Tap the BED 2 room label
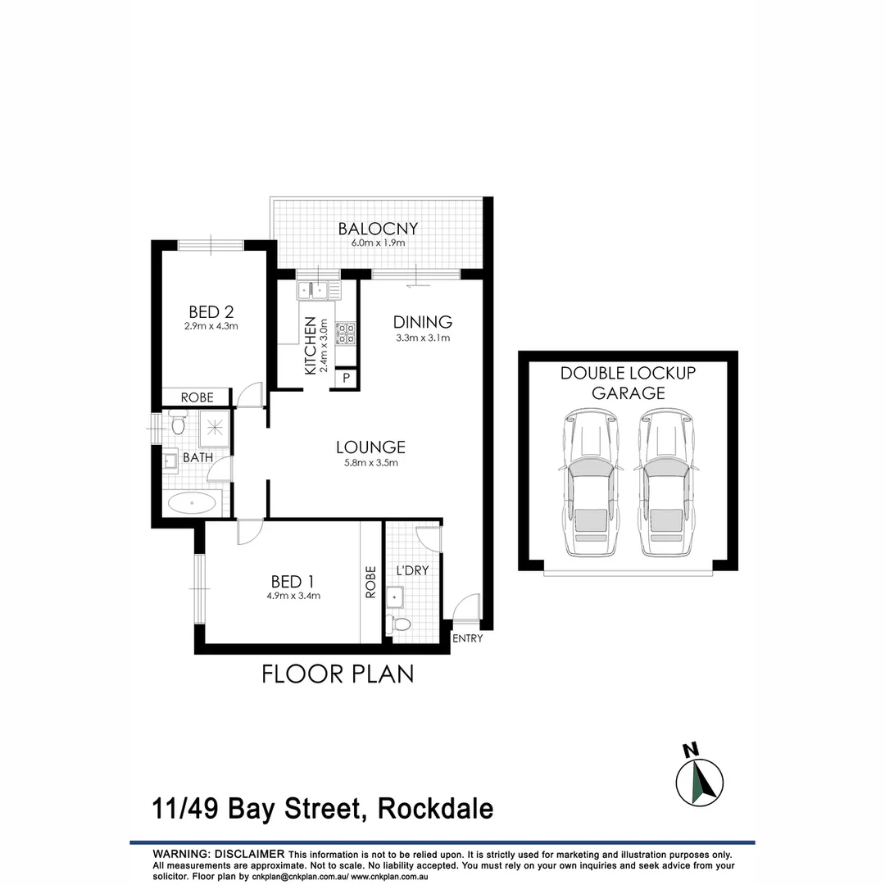pos(211,311)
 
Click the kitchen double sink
pos(313,289)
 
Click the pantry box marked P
pos(347,378)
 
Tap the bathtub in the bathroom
pos(193,503)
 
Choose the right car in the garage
pos(665,483)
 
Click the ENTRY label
pos(468,639)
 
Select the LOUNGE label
pos(370,447)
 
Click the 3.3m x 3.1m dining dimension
pos(422,338)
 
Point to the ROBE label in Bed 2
pos(197,397)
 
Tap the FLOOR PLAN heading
pos(338,674)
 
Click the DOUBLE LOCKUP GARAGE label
pos(628,383)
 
